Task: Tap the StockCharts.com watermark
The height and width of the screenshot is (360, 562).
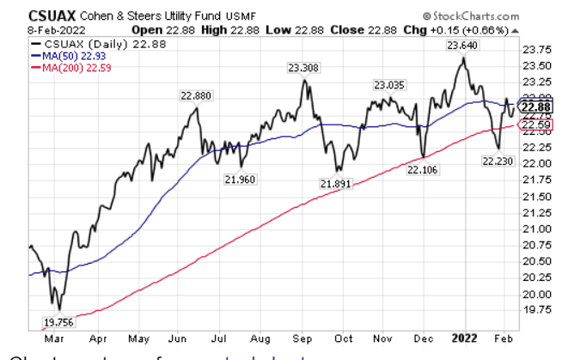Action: (x=471, y=15)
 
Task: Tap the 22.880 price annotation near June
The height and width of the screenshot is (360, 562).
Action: (x=195, y=96)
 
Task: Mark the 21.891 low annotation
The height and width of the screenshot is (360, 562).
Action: (x=337, y=183)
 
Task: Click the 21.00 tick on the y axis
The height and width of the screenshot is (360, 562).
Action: (x=536, y=229)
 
